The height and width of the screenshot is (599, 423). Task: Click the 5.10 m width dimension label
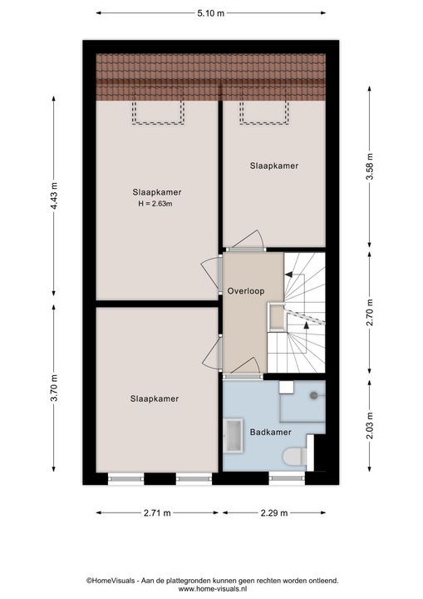click(x=211, y=13)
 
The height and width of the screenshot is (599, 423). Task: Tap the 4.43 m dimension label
click(x=54, y=196)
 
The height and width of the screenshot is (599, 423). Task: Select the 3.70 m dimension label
click(x=54, y=388)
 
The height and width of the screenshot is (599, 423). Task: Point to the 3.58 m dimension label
click(x=370, y=166)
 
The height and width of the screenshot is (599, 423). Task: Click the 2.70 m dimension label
click(x=370, y=313)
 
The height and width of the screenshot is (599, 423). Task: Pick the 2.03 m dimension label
click(x=370, y=426)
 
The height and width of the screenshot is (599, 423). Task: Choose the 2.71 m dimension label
click(x=157, y=513)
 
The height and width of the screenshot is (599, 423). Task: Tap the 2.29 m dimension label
click(x=274, y=513)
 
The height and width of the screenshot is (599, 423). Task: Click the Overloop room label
click(x=246, y=291)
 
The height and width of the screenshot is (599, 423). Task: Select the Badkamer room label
click(x=271, y=433)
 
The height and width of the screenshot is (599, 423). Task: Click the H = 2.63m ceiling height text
click(x=155, y=204)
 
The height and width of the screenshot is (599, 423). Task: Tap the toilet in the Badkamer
click(x=295, y=457)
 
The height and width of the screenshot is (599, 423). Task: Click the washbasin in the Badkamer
click(x=234, y=435)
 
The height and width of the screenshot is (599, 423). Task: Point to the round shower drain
click(x=314, y=396)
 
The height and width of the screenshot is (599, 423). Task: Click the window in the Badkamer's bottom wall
click(x=287, y=478)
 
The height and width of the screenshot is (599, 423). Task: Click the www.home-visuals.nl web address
click(x=213, y=589)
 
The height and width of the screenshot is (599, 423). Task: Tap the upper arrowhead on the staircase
click(x=288, y=275)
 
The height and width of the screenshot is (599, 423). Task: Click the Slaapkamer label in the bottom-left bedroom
click(x=155, y=399)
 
